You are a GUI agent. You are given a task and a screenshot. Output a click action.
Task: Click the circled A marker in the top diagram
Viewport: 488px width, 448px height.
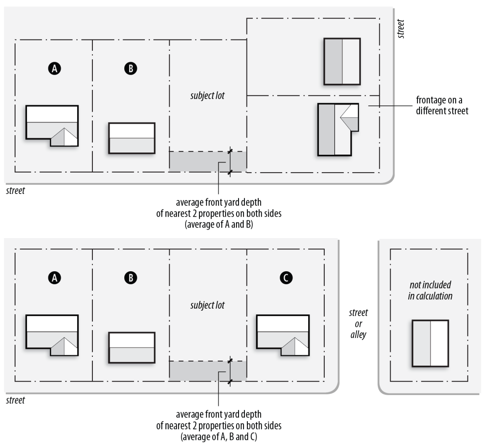click(55, 68)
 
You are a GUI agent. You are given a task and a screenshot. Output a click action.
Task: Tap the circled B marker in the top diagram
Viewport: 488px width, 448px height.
click(131, 68)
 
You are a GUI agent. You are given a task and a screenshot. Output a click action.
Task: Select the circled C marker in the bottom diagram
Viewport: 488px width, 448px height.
click(286, 278)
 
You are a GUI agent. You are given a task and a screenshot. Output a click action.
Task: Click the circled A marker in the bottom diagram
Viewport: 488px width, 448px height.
click(55, 278)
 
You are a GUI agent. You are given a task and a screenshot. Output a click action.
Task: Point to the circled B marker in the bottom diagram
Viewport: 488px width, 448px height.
click(131, 278)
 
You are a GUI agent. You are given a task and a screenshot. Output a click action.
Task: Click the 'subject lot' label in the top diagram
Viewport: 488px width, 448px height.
click(207, 96)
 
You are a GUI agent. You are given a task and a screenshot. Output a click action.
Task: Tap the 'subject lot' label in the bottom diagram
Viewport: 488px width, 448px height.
click(207, 305)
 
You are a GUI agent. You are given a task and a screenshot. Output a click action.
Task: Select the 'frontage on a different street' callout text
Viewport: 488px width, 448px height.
click(442, 105)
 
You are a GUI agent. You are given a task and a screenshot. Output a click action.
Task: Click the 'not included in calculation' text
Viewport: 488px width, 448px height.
click(430, 290)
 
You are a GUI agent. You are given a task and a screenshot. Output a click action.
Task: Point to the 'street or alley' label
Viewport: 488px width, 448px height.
click(358, 324)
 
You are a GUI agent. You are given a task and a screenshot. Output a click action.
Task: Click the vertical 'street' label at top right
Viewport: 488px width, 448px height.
click(401, 29)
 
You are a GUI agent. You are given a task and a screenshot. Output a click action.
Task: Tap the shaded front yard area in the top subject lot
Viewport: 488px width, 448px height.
click(207, 162)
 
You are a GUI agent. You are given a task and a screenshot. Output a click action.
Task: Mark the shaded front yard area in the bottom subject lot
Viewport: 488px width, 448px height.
click(207, 371)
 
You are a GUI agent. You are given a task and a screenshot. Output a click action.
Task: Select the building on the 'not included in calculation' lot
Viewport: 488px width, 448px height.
click(430, 343)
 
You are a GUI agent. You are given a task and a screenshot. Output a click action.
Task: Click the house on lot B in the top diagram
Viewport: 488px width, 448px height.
click(131, 138)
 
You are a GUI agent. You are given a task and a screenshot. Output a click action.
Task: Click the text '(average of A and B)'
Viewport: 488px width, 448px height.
click(219, 224)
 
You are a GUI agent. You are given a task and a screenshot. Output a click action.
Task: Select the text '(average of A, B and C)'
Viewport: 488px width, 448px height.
click(219, 437)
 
